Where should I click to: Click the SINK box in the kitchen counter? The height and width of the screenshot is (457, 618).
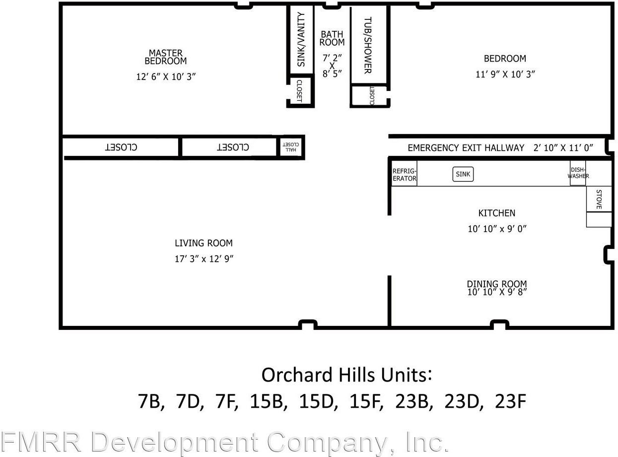coord(463,174)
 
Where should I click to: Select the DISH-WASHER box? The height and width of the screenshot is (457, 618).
coord(578,173)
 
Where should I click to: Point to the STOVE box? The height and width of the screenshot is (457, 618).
coord(599,199)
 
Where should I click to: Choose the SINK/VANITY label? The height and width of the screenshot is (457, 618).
coord(301,40)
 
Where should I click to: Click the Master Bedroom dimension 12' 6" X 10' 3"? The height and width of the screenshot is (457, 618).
coord(166,77)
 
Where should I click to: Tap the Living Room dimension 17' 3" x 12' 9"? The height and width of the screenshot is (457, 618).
coord(204,259)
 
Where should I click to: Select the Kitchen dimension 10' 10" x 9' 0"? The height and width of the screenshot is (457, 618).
coord(496,228)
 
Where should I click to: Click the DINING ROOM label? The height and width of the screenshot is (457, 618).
coord(496,284)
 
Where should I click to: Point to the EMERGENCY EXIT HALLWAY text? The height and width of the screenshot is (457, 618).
coord(466,148)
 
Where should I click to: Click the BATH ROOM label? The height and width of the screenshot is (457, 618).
coord(332,38)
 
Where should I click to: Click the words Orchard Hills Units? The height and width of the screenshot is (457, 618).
coord(346,375)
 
